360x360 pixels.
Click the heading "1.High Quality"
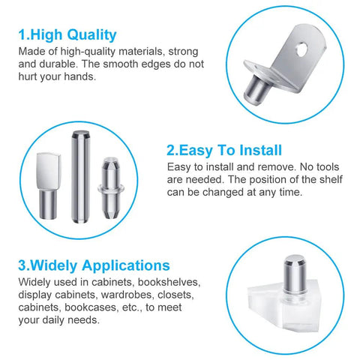67,34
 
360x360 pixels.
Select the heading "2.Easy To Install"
224,150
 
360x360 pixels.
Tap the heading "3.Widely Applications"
94,265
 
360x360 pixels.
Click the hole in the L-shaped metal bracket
301,49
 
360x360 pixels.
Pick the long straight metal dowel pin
80,176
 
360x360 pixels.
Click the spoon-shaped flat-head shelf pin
49,186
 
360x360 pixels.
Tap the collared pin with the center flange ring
111,188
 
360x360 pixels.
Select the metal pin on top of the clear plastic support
295,274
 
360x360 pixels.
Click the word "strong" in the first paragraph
183,52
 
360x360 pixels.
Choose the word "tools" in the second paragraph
328,166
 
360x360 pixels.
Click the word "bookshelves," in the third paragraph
169,282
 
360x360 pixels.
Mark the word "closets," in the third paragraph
175,295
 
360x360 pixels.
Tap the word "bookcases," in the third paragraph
91,307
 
